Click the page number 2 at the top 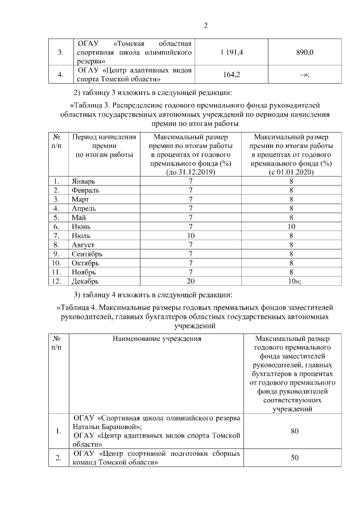206,26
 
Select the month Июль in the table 81,235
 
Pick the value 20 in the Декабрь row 191,281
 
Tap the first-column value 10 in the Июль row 191,235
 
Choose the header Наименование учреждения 156,339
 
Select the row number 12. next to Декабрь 56,281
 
